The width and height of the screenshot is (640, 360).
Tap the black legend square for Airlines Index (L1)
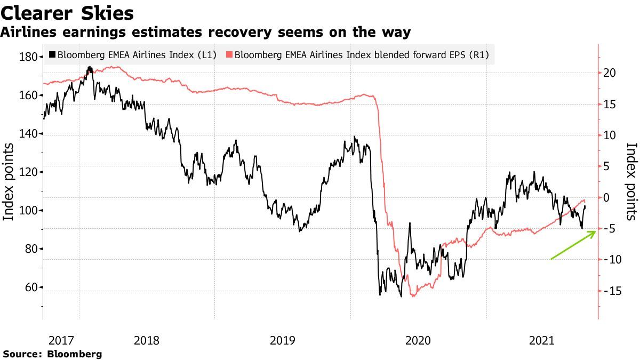[52, 54]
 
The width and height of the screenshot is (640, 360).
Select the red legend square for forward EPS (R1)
[229, 54]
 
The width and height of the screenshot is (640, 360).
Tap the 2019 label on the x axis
[282, 340]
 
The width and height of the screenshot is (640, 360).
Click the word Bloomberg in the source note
[74, 354]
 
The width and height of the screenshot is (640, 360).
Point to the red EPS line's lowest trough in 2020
[413, 296]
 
